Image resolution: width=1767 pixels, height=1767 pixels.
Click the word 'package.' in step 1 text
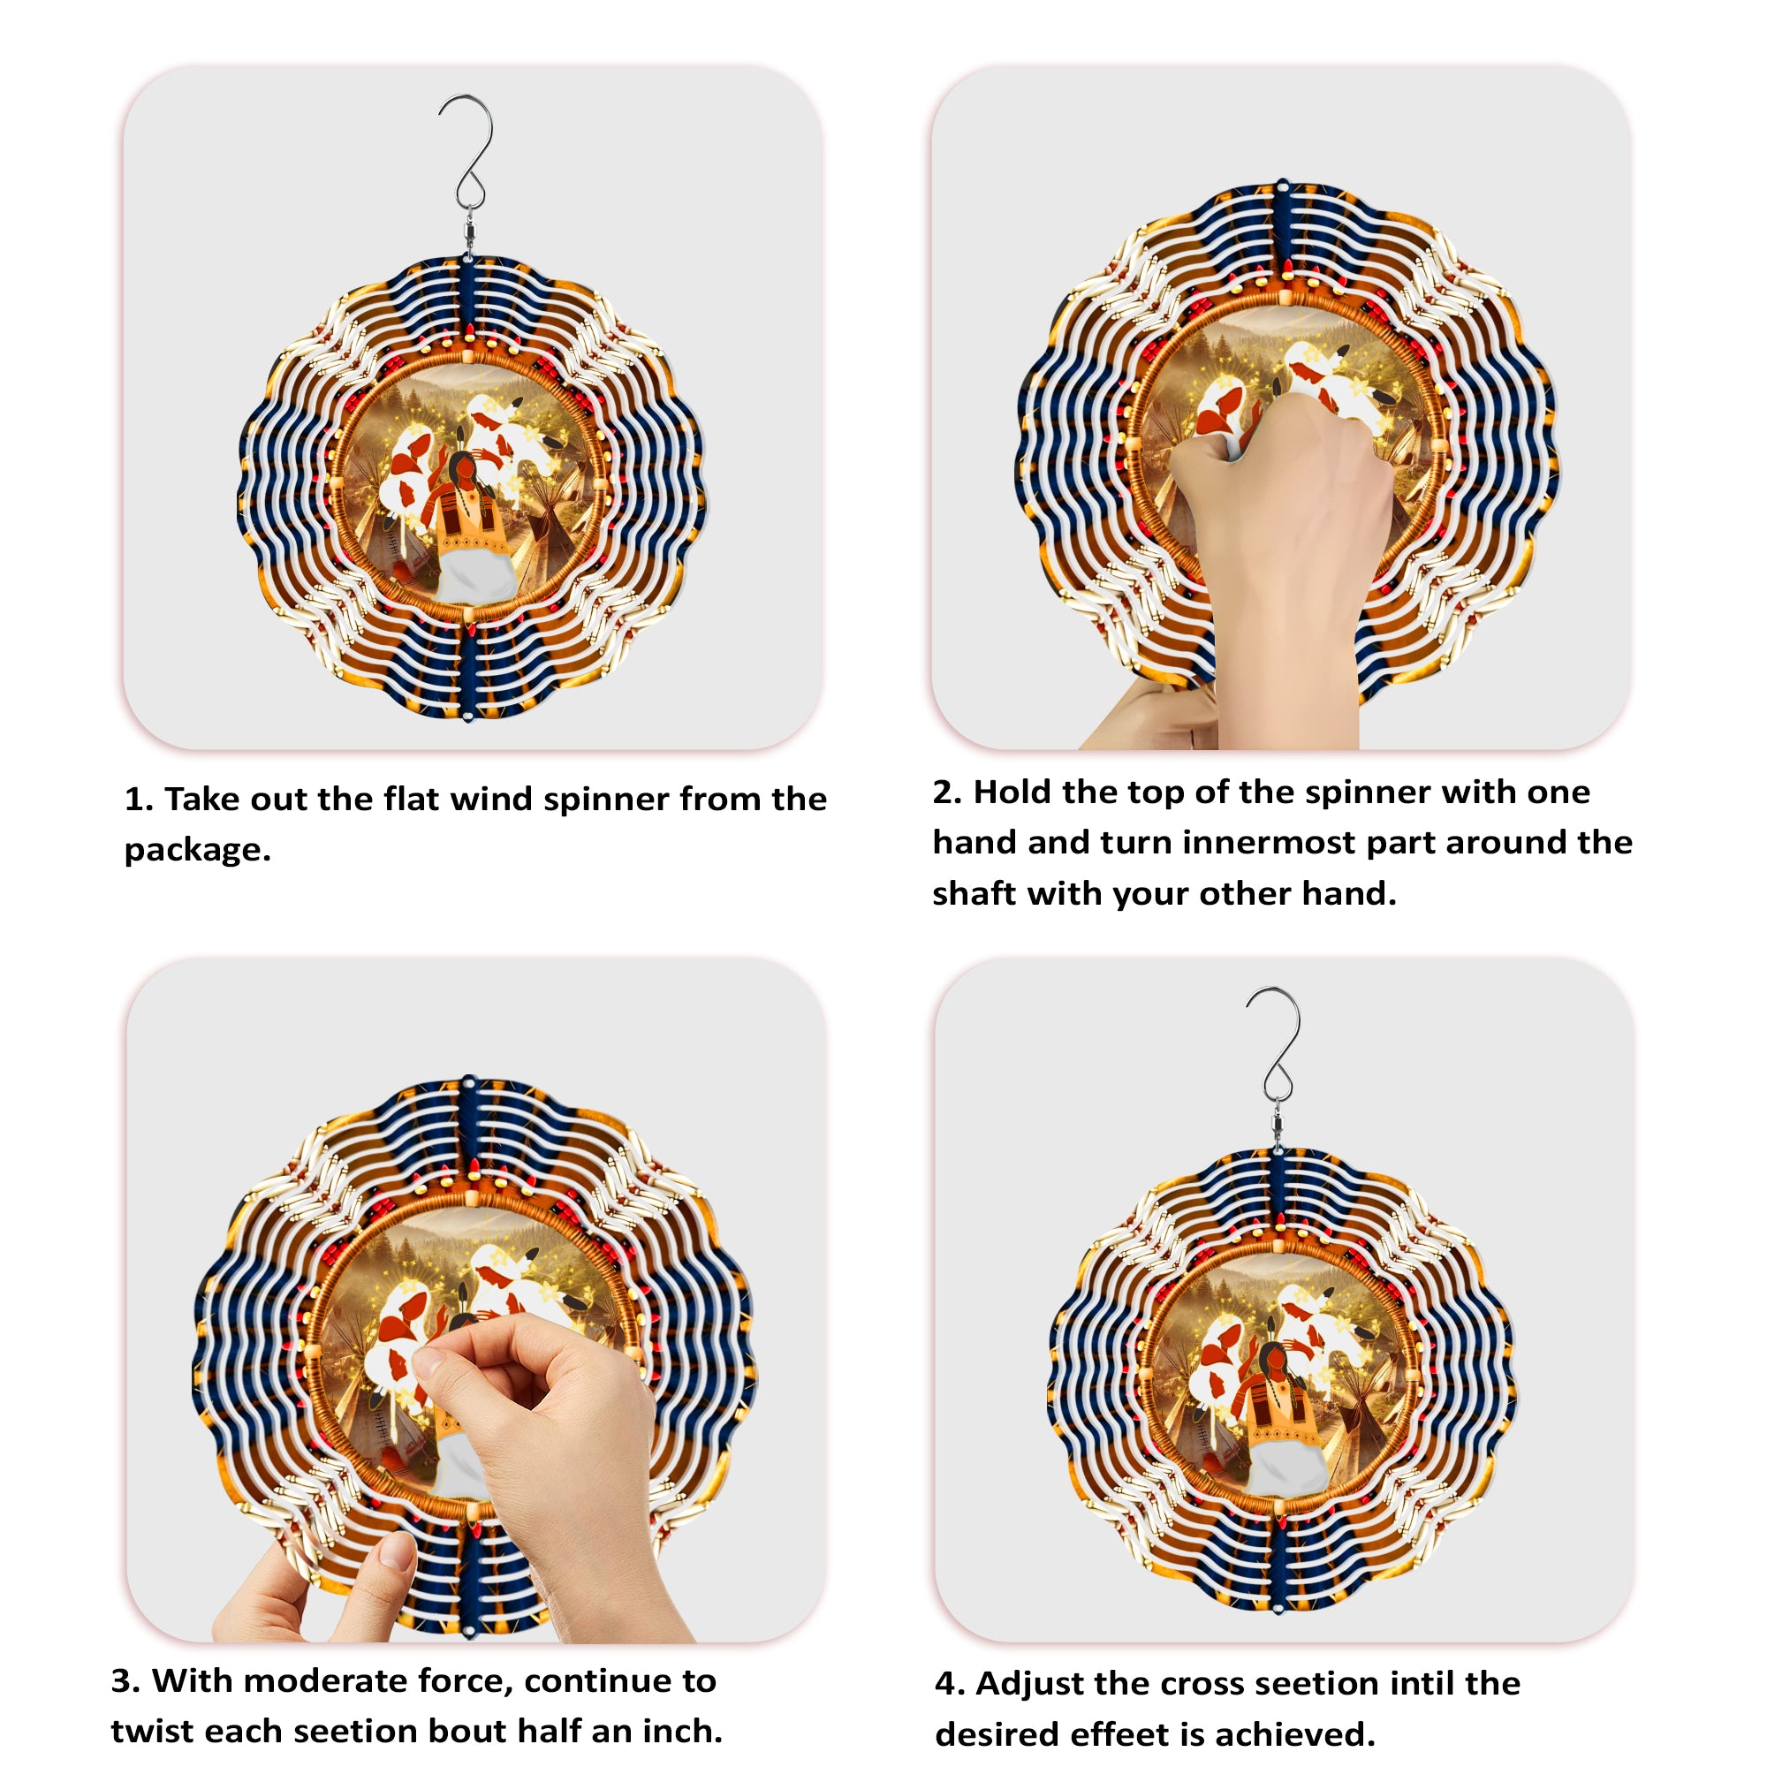pos(198,851)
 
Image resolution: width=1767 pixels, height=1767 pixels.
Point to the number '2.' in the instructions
pos(947,792)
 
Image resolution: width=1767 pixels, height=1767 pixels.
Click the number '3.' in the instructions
pos(125,1681)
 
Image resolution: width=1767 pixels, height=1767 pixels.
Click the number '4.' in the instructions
pos(951,1684)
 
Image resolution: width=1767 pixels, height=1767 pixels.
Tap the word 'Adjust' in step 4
pos(1030,1684)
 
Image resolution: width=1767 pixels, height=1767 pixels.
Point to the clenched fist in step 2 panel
pos(1280,475)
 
